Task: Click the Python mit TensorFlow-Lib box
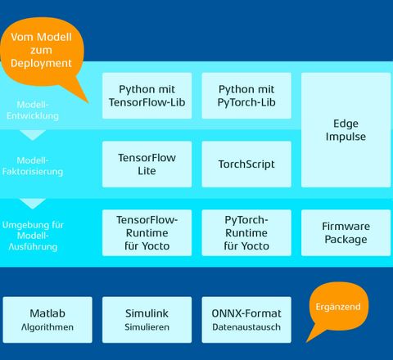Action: click(x=147, y=96)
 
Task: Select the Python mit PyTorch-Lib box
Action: click(x=246, y=96)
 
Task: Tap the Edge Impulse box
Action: click(x=346, y=130)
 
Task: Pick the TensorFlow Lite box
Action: click(x=147, y=164)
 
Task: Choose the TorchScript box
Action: click(x=246, y=164)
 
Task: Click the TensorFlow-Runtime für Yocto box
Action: click(x=147, y=232)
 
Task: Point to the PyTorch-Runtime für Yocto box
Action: click(x=246, y=232)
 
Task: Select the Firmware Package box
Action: click(x=346, y=232)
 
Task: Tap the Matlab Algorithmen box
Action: click(x=47, y=320)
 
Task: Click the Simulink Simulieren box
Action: click(x=147, y=320)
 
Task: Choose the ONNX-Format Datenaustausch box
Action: click(x=246, y=320)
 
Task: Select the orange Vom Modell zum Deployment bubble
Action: click(x=42, y=51)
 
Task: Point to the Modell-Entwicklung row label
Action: click(x=33, y=110)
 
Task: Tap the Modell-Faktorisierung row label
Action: click(x=33, y=166)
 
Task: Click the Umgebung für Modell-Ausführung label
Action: click(x=33, y=236)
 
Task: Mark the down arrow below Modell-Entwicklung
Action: click(x=33, y=135)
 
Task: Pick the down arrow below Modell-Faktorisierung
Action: click(x=33, y=204)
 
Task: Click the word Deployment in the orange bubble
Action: click(x=41, y=63)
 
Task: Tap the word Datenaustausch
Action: click(x=246, y=327)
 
